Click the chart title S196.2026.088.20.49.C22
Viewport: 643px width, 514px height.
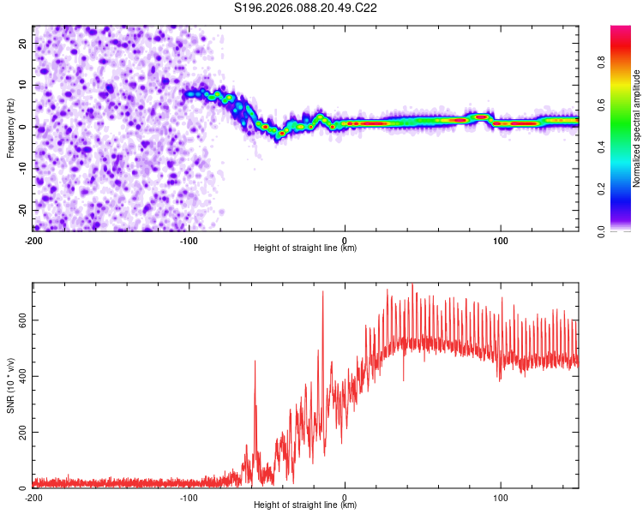point(306,8)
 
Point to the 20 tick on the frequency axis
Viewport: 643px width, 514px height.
point(23,43)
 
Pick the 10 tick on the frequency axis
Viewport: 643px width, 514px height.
point(23,85)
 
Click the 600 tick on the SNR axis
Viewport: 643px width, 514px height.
point(20,320)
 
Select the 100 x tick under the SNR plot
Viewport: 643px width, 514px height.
point(500,498)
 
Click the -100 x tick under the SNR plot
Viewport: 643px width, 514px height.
point(189,498)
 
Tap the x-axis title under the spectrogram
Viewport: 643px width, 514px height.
point(305,248)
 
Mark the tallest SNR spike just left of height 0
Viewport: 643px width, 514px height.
point(322,293)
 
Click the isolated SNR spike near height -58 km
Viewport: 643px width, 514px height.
point(255,362)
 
